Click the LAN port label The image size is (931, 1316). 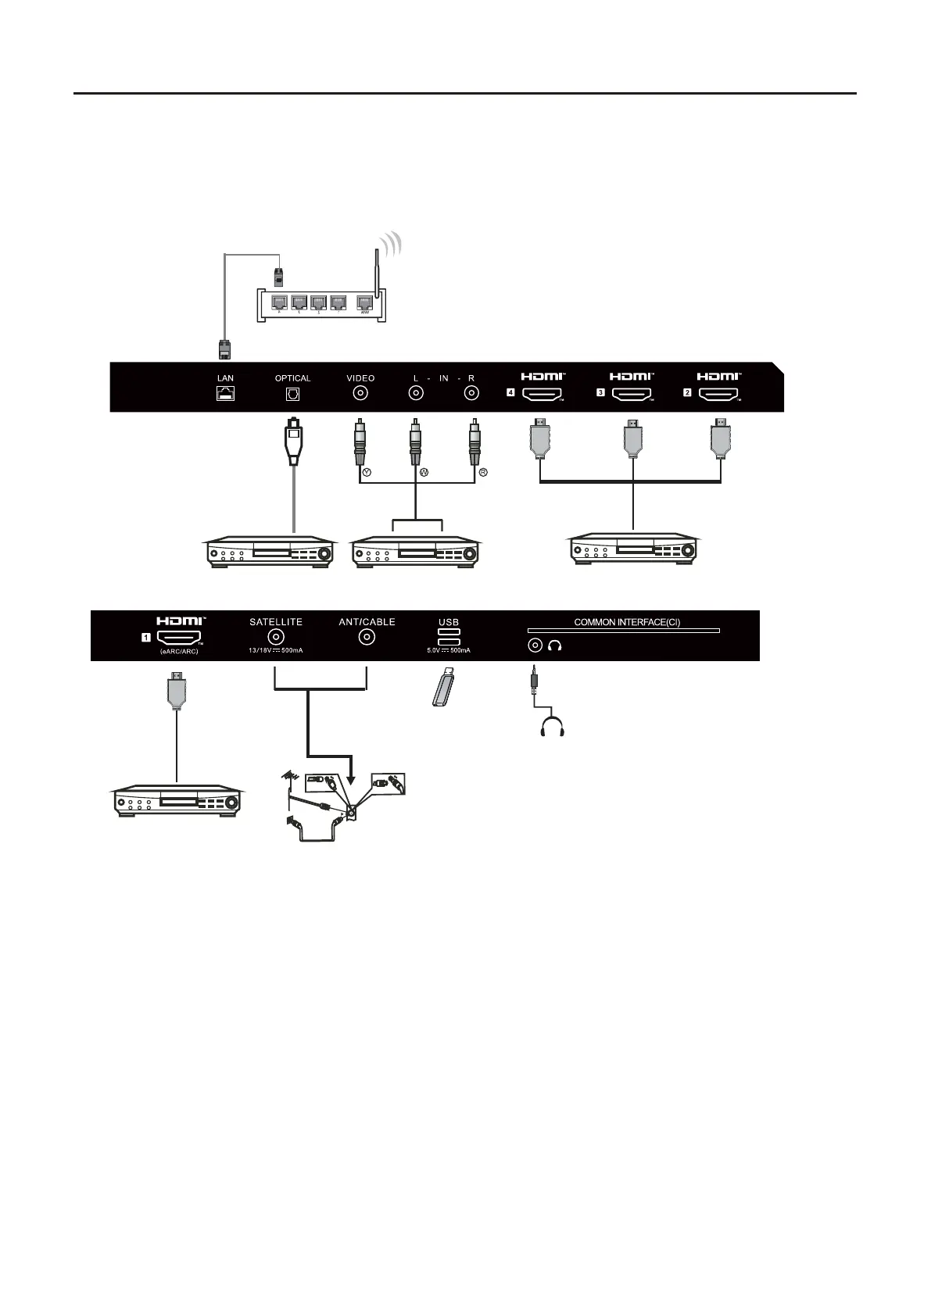[x=225, y=378]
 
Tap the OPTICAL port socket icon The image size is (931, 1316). [x=293, y=395]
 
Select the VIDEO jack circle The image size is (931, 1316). [x=361, y=394]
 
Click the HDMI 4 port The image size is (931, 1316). [x=542, y=395]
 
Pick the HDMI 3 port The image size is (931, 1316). [x=632, y=395]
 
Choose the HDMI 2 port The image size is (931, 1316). [x=718, y=395]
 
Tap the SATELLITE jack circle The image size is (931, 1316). [x=276, y=638]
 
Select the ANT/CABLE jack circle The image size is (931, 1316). [x=367, y=638]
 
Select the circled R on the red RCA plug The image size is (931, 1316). [x=483, y=472]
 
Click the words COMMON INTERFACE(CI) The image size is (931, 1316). [x=627, y=623]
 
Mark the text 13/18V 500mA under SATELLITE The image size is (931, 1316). [x=276, y=651]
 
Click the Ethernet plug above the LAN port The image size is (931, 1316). [x=224, y=349]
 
